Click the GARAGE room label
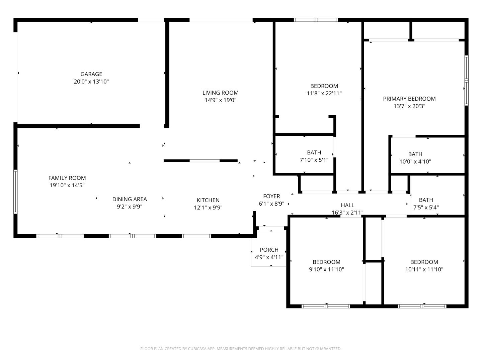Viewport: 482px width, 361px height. point(91,74)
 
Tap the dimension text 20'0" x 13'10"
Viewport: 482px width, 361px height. point(91,82)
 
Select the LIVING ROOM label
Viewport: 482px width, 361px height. point(220,93)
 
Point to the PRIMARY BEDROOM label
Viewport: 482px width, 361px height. point(409,99)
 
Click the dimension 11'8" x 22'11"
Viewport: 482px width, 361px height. point(324,94)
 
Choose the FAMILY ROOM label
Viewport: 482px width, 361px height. point(67,178)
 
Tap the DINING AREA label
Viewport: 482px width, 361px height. point(129,199)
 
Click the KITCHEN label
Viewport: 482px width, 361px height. point(208,200)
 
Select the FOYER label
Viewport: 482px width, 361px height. point(271,196)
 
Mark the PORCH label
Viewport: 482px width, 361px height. point(269,250)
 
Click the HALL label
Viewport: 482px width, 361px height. point(347,205)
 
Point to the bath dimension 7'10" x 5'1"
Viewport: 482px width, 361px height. point(314,160)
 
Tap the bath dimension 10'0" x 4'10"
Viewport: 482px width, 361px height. point(415,162)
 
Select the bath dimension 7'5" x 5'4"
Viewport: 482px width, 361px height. point(426,208)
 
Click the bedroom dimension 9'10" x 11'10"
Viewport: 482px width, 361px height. point(326,269)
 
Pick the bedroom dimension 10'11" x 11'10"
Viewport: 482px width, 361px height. point(424,269)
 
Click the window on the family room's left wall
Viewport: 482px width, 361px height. point(15,192)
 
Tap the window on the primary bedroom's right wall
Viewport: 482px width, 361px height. point(466,80)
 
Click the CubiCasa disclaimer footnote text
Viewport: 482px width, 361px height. point(241,349)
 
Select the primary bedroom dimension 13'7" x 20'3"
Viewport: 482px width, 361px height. point(409,106)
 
